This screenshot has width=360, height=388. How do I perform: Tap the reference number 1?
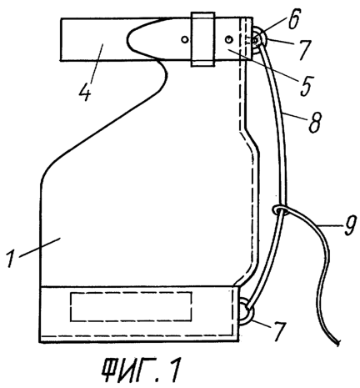[12, 259]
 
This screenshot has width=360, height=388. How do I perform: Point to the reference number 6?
[294, 18]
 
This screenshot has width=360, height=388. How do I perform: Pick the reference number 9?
[348, 225]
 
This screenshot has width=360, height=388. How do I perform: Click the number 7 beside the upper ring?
[303, 50]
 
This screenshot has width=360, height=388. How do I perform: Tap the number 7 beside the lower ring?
[278, 331]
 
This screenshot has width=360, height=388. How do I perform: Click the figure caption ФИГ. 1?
[141, 370]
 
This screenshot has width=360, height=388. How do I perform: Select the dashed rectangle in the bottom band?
[131, 307]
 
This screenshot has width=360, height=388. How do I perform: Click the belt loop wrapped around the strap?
[202, 39]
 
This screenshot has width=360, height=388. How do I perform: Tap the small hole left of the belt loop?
[184, 39]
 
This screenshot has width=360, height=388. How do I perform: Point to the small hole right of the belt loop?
[228, 40]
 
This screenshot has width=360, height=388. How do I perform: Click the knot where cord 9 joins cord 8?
[280, 209]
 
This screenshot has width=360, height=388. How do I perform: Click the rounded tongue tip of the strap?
[127, 39]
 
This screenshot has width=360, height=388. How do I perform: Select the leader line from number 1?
[39, 247]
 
